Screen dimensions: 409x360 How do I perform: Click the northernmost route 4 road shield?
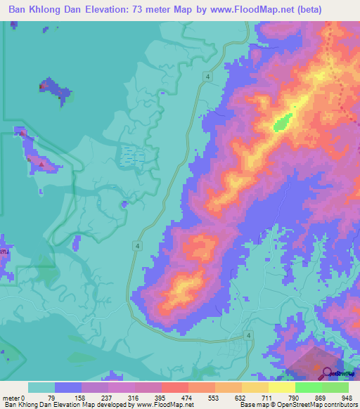[209, 75]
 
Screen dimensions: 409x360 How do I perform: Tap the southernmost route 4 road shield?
[249, 337]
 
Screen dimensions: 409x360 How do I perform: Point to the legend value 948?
[345, 398]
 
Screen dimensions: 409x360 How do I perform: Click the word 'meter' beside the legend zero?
[12, 398]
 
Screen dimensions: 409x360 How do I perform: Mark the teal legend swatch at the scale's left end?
[41, 387]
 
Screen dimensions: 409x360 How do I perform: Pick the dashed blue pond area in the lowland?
[132, 155]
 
